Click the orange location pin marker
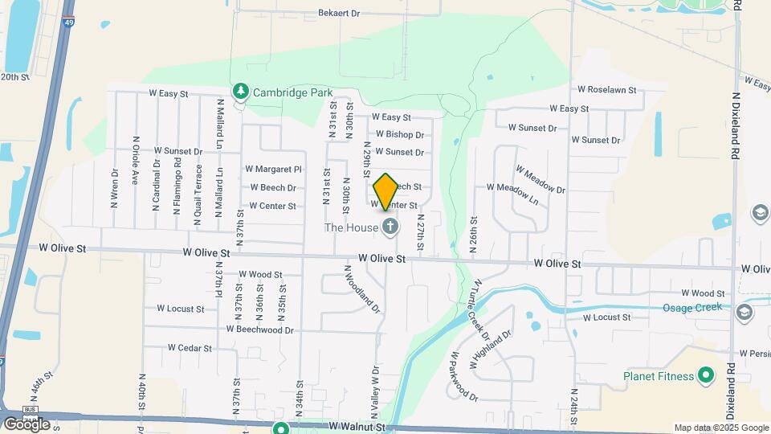coord(385,191)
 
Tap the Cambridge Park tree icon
coord(239,92)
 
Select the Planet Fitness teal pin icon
coord(706,375)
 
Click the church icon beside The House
coord(390,227)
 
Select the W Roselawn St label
coord(606,91)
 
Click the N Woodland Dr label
coord(361,289)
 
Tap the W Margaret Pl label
coord(274,170)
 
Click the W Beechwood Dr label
coord(260,330)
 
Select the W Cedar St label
coord(190,348)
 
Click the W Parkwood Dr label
coord(463,375)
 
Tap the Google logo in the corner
coord(26,424)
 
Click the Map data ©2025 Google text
coord(720,428)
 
